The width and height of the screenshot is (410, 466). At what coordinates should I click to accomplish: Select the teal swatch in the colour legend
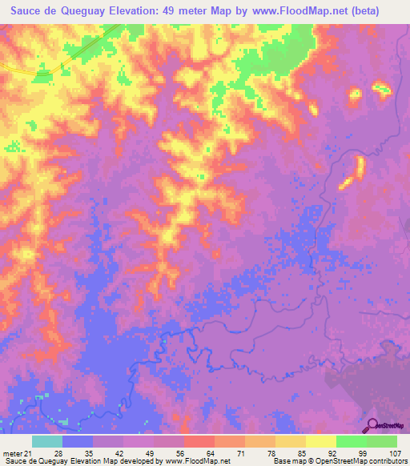pyautogui.click(x=47, y=441)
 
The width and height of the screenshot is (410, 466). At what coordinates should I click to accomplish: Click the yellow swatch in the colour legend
pyautogui.click(x=320, y=441)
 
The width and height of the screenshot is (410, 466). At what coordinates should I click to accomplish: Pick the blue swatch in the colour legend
pyautogui.click(x=78, y=441)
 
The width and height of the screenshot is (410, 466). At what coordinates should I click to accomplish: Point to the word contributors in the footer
pyautogui.click(x=387, y=461)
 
